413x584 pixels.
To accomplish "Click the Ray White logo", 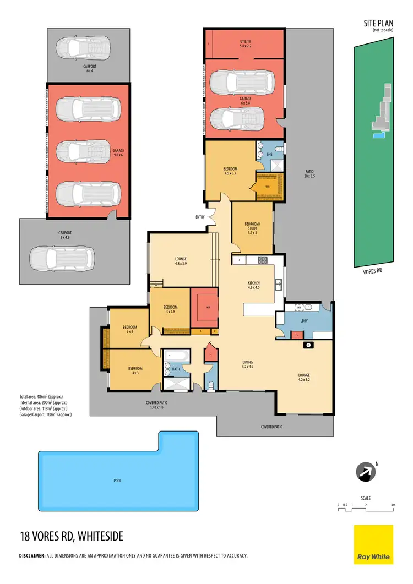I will pyautogui.click(x=373, y=544).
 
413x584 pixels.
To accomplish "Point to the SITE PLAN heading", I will pyautogui.click(x=378, y=23).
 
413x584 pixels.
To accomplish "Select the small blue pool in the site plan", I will pyautogui.click(x=377, y=134).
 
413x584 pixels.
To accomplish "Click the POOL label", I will pyautogui.click(x=117, y=481).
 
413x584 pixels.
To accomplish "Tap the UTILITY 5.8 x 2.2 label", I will pyautogui.click(x=245, y=44).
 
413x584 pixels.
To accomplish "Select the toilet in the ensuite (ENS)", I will pyautogui.click(x=279, y=149).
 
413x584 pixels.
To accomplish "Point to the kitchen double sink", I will pyautogui.click(x=280, y=285).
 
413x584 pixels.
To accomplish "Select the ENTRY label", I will pyautogui.click(x=199, y=217).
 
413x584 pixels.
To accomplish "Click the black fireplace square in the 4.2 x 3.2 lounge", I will pyautogui.click(x=308, y=345).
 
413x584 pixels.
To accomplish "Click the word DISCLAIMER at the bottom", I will pyautogui.click(x=32, y=556).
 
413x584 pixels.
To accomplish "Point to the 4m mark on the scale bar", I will pyautogui.click(x=393, y=505).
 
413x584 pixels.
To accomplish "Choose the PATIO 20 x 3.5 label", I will pyautogui.click(x=308, y=174).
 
